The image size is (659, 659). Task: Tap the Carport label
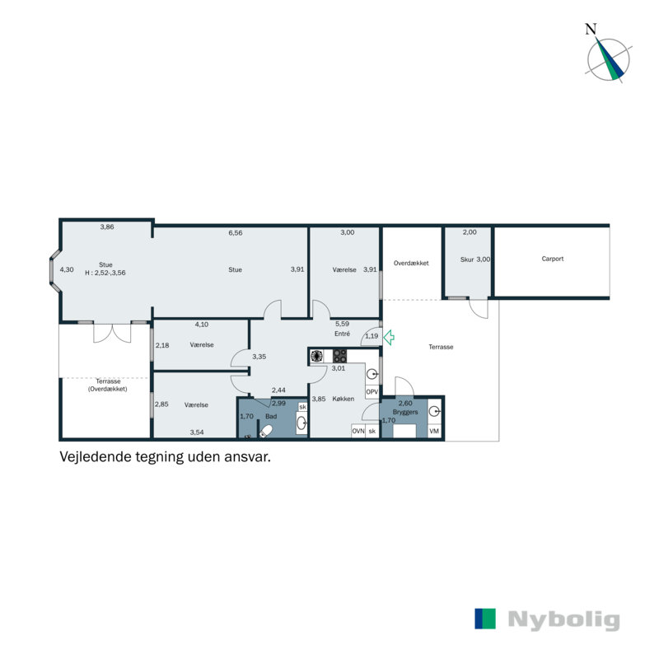pos(553,259)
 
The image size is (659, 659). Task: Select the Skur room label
pos(467,259)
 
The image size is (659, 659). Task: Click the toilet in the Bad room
pos(266,430)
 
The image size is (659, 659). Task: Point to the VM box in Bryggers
pos(434,431)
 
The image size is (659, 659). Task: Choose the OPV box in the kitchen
pos(372,392)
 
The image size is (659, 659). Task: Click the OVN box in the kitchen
pos(358,431)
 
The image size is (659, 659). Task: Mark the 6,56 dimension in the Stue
pos(236,233)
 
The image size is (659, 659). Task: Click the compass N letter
pos(590,29)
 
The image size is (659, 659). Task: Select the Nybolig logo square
pos(485,619)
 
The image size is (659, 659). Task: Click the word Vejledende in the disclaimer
pos(91,455)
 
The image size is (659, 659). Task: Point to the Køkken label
pos(344,399)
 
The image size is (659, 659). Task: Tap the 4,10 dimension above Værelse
pos(201,325)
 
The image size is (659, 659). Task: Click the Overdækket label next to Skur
pos(411,263)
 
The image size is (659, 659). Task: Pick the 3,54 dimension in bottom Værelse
pos(197,432)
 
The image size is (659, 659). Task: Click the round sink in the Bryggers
pos(433,410)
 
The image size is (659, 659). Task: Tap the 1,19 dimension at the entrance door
pos(371,336)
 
